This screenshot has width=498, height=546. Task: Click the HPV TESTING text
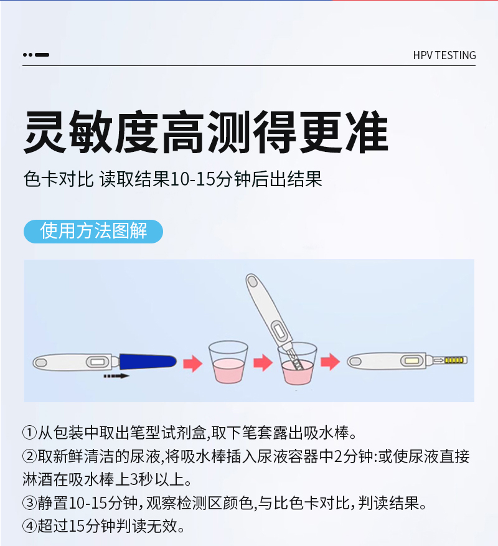coord(444,55)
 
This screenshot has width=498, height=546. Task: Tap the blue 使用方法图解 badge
coord(93,231)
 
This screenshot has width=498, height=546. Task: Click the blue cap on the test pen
coord(148,361)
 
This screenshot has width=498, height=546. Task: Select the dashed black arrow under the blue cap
coord(116,376)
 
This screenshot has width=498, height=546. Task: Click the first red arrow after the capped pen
coord(192,364)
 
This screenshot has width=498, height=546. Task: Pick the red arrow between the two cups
coord(263,363)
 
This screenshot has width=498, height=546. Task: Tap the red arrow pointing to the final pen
coord(330,362)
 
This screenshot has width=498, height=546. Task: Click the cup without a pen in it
coord(228,362)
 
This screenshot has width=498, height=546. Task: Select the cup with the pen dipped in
coord(297,364)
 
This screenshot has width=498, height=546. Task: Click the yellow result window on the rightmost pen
coord(412,360)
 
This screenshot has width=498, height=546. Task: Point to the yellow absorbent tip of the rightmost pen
coord(456,360)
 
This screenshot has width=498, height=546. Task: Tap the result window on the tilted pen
coord(280,331)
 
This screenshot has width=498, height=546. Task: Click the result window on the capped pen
coord(97,362)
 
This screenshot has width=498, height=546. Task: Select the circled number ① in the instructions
coord(30,433)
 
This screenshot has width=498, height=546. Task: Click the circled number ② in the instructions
coord(30,456)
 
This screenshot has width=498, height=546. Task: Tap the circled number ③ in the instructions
coord(30,503)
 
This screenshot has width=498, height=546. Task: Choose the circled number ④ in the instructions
coord(30,526)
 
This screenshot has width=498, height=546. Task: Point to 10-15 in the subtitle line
coord(192,180)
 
